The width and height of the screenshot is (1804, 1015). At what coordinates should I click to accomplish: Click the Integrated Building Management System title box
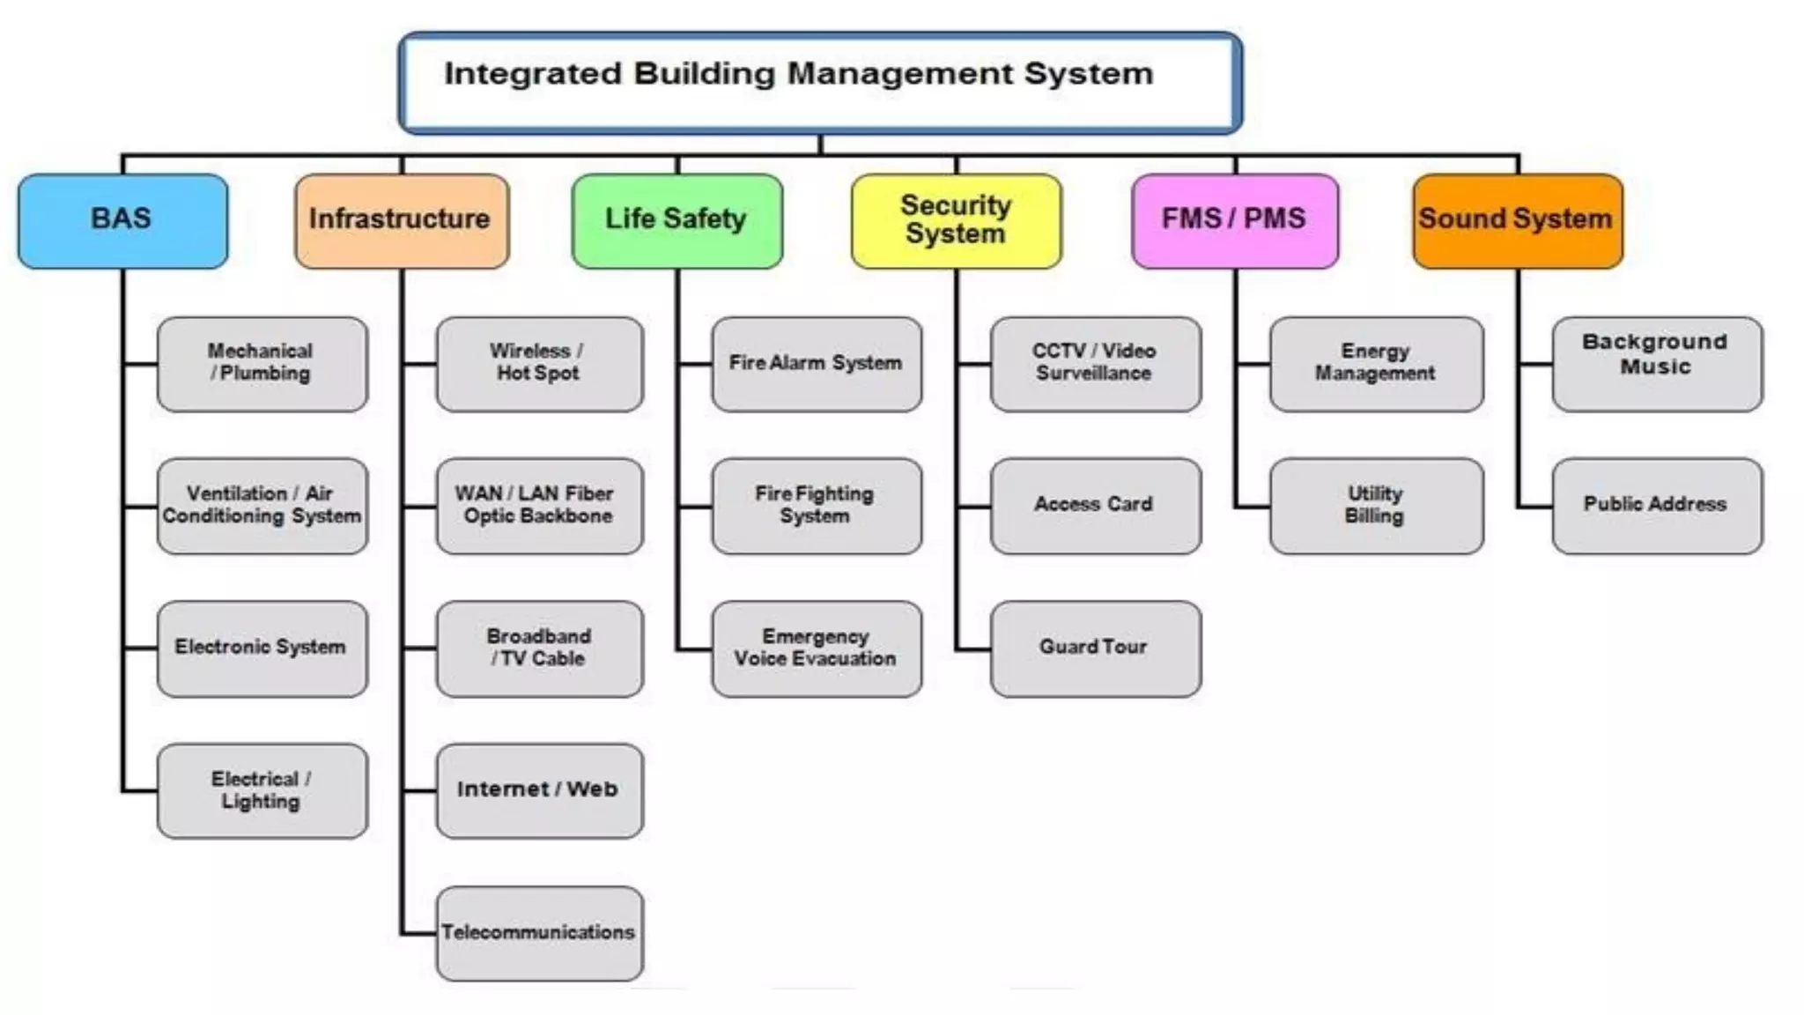pyautogui.click(x=819, y=84)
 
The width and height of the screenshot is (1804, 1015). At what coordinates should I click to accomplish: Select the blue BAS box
pyautogui.click(x=122, y=220)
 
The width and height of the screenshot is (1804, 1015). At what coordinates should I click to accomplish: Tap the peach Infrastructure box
pyautogui.click(x=402, y=220)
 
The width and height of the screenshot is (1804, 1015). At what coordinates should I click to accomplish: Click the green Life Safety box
pyautogui.click(x=676, y=220)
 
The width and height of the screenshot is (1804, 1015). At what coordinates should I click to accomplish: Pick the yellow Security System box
pyautogui.click(x=957, y=220)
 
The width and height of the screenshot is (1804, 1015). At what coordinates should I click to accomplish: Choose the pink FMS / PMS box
pyautogui.click(x=1235, y=220)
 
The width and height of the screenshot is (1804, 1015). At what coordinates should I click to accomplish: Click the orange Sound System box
pyautogui.click(x=1517, y=220)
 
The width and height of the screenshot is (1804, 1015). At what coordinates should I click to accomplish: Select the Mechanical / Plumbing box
pyautogui.click(x=262, y=364)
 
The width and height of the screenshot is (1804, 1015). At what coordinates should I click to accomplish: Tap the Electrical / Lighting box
pyautogui.click(x=262, y=790)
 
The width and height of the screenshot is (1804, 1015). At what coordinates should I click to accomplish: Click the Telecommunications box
pyautogui.click(x=539, y=933)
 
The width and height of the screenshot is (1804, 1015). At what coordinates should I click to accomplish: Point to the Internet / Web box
pyautogui.click(x=539, y=790)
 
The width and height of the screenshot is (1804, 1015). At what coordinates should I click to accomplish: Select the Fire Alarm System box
pyautogui.click(x=817, y=364)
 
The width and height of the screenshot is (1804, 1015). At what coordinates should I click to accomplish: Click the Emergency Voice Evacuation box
pyautogui.click(x=817, y=648)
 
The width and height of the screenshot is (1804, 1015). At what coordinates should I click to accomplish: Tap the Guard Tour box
pyautogui.click(x=1095, y=648)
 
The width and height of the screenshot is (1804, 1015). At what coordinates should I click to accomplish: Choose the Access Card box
pyautogui.click(x=1095, y=506)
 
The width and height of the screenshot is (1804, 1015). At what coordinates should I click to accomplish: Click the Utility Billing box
pyautogui.click(x=1376, y=506)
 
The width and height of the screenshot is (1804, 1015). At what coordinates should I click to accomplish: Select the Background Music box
pyautogui.click(x=1657, y=364)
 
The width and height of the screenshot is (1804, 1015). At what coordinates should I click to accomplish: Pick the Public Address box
pyautogui.click(x=1657, y=506)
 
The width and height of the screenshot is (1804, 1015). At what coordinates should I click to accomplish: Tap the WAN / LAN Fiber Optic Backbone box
pyautogui.click(x=539, y=506)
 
